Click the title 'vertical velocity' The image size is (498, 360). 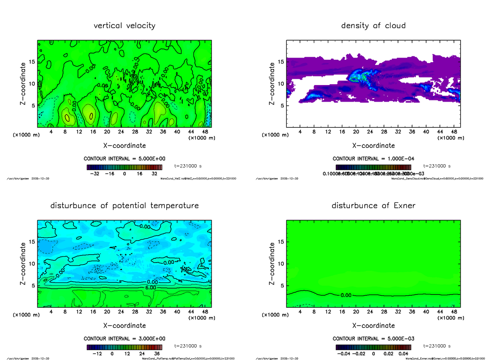click(x=124, y=26)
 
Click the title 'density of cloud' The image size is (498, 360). click(x=373, y=26)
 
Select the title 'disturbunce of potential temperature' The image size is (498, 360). click(x=124, y=206)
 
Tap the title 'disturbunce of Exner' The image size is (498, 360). click(x=373, y=206)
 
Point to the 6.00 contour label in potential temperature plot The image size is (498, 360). click(x=151, y=287)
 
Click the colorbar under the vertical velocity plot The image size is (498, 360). click(x=124, y=167)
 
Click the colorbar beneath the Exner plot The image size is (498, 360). click(x=373, y=347)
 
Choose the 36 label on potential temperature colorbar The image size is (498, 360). click(x=157, y=354)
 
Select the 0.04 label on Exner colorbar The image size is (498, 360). click(x=403, y=354)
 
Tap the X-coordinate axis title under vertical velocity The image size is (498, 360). click(x=124, y=146)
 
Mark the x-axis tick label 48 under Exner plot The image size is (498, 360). click(x=454, y=312)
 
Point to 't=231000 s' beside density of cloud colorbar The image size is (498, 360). click(x=437, y=165)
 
